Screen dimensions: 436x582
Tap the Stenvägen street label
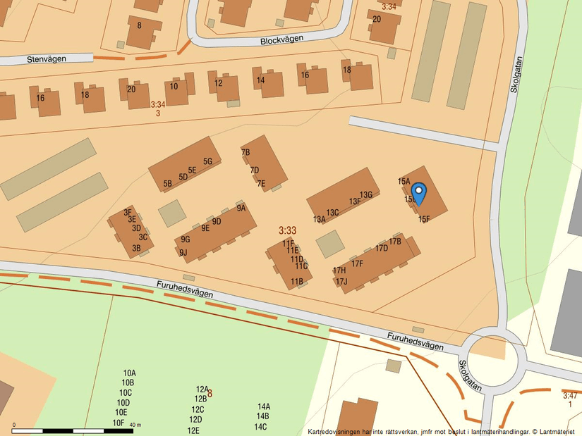47,59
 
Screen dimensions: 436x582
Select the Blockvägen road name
281,40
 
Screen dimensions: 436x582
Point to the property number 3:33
287,230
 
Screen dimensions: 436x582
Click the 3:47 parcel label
570,396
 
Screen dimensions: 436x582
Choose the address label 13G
365,195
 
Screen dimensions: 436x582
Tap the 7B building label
245,152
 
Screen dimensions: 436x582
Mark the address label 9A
241,208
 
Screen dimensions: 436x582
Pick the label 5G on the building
207,161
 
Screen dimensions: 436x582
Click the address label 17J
341,282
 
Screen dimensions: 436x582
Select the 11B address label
297,282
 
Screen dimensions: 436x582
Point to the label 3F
128,212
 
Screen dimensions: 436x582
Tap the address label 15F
423,219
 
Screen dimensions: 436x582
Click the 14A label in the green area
264,406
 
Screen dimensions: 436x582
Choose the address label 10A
129,373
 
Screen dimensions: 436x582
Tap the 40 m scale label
135,425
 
